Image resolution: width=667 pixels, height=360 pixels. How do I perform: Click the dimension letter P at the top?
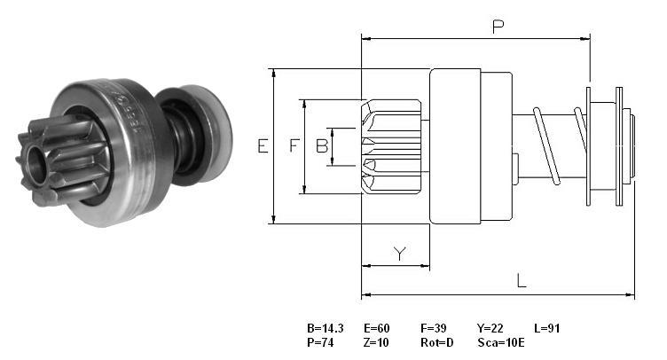498,27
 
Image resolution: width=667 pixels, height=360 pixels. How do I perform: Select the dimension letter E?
263,146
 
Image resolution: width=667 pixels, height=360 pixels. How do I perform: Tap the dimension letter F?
294,145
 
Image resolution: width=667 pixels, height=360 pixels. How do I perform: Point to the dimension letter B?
322,145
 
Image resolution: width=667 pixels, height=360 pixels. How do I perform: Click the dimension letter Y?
399,254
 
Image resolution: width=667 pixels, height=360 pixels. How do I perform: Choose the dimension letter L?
522,280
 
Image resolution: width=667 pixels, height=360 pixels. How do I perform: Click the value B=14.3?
325,328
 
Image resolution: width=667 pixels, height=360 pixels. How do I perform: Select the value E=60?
376,328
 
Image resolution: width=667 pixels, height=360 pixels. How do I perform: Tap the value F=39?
434,328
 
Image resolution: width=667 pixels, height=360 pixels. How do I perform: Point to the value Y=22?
490,328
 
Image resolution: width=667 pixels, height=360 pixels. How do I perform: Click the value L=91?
547,328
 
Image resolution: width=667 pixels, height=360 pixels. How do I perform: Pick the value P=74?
320,342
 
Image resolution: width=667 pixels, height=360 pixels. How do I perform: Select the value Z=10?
376,342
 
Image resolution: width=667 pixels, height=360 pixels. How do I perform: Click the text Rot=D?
437,342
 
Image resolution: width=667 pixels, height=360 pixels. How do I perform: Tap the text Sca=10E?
501,342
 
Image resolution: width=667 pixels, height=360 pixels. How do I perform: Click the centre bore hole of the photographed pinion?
36,166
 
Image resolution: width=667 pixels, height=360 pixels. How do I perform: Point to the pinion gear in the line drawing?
391,146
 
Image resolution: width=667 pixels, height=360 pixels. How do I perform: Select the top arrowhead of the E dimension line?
274,74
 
